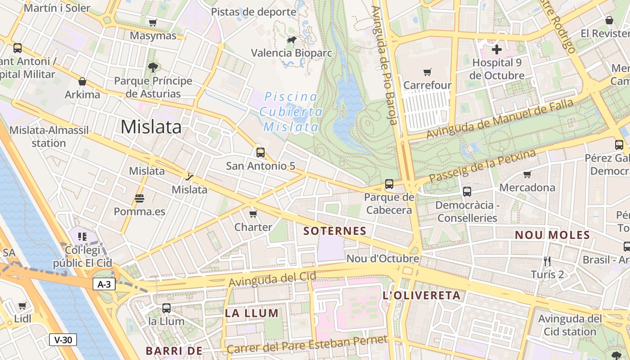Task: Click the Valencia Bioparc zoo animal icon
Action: click(x=292, y=40)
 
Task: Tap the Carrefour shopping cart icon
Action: click(x=427, y=72)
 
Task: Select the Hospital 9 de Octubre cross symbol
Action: click(x=497, y=49)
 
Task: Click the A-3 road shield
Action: click(x=104, y=284)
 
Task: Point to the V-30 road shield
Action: click(x=63, y=340)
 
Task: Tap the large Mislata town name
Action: click(x=151, y=127)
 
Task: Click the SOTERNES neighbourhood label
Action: click(x=335, y=231)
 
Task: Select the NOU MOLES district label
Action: click(x=552, y=235)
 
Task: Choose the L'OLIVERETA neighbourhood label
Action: click(x=421, y=296)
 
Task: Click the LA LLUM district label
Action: click(x=252, y=313)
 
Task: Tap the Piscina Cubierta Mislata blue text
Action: click(x=291, y=112)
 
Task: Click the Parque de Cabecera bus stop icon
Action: click(x=389, y=184)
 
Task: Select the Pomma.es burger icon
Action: click(x=139, y=198)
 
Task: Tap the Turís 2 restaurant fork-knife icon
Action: click(x=547, y=261)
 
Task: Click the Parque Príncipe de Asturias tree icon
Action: click(x=153, y=67)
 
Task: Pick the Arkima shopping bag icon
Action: click(x=82, y=81)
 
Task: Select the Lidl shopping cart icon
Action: click(x=22, y=306)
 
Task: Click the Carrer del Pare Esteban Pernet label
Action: click(x=307, y=344)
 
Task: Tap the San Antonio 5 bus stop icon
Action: click(x=260, y=152)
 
